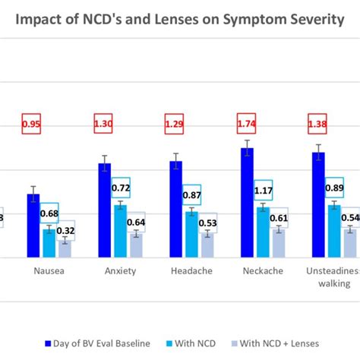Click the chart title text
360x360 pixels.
point(180,19)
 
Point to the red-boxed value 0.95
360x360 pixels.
point(32,123)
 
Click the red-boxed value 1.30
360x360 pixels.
point(103,123)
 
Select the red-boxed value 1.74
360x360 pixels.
point(246,123)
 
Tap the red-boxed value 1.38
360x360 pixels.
point(317,123)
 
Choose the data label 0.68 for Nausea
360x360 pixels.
point(49,213)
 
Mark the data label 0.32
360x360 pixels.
point(65,231)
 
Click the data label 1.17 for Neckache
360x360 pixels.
point(264,191)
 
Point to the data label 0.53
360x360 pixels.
point(208,223)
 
